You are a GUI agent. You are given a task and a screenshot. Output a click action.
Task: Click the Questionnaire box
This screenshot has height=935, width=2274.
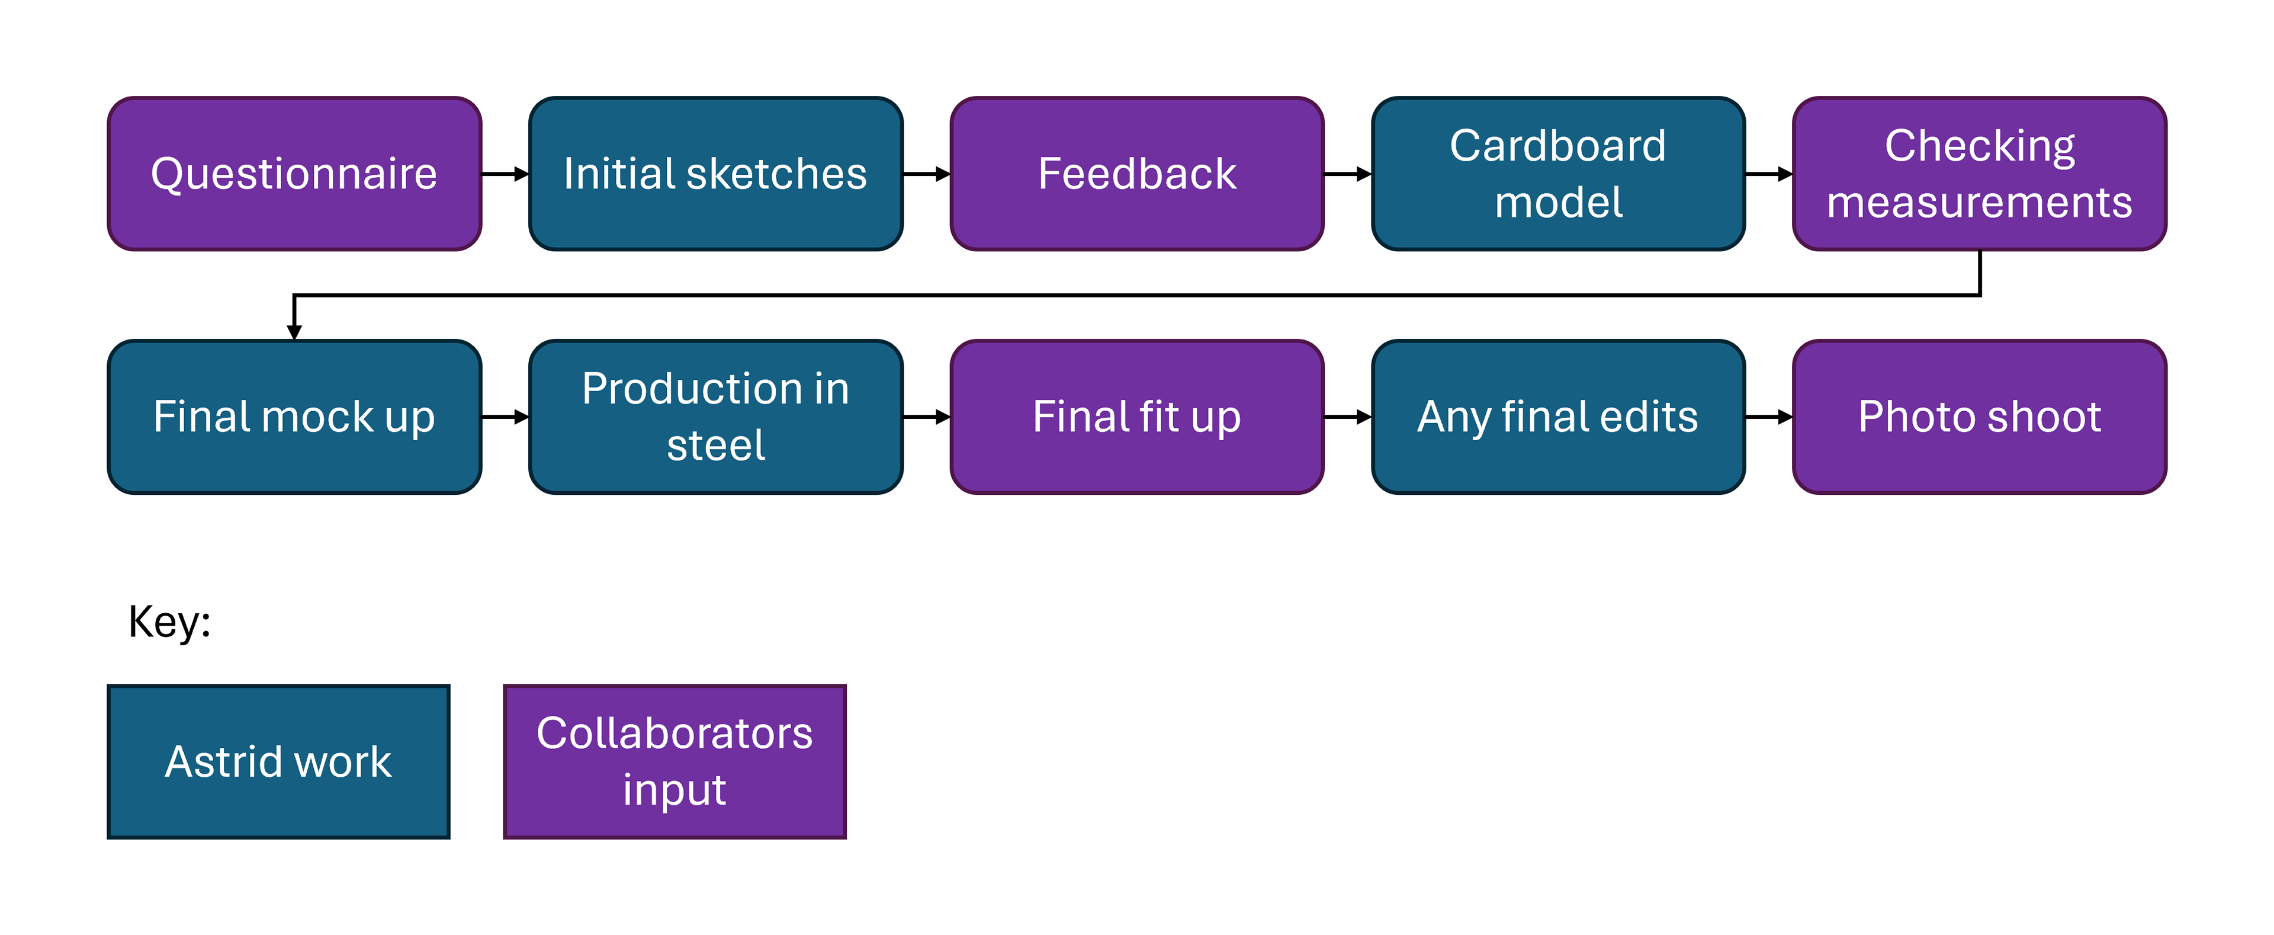click(294, 174)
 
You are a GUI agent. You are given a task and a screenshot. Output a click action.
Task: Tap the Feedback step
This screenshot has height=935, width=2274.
click(1137, 174)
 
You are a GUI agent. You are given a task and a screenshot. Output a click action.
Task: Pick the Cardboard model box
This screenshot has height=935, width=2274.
click(1558, 174)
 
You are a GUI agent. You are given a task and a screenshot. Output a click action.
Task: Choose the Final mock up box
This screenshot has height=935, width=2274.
click(294, 417)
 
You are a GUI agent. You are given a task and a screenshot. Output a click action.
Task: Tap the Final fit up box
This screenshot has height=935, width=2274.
click(1137, 417)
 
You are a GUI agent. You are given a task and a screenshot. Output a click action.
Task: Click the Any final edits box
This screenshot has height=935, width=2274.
click(1558, 417)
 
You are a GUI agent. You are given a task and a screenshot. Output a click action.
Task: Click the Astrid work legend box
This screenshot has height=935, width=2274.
click(278, 761)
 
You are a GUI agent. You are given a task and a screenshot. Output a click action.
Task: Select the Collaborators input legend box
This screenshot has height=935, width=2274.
click(675, 761)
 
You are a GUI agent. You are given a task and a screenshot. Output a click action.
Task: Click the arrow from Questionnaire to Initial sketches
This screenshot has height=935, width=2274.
click(505, 174)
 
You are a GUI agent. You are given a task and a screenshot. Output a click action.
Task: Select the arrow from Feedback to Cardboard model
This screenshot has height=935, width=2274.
click(1348, 174)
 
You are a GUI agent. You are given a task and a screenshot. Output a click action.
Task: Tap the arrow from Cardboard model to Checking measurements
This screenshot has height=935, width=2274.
click(1769, 174)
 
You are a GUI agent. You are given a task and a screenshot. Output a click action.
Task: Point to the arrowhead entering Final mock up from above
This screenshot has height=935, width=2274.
click(294, 332)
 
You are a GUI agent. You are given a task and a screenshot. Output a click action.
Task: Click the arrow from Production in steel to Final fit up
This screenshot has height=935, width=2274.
click(926, 417)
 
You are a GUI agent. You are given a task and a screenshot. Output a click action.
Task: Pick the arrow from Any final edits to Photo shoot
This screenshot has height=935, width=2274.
click(1769, 417)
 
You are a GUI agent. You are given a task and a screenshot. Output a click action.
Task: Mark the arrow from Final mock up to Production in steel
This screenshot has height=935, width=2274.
click(505, 417)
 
